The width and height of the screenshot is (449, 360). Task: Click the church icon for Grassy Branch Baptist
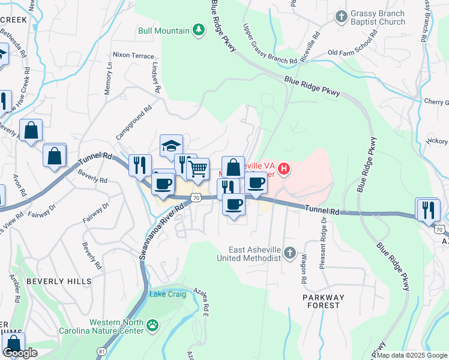pos(341,16)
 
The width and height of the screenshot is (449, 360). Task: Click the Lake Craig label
pos(166,293)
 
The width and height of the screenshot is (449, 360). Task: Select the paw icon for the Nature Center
pos(154,326)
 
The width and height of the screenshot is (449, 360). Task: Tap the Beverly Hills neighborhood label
pos(59,281)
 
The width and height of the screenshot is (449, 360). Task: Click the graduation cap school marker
pos(171,145)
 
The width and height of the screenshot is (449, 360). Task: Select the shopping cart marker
pos(198,169)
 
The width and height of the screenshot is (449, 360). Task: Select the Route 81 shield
pos(101,350)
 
